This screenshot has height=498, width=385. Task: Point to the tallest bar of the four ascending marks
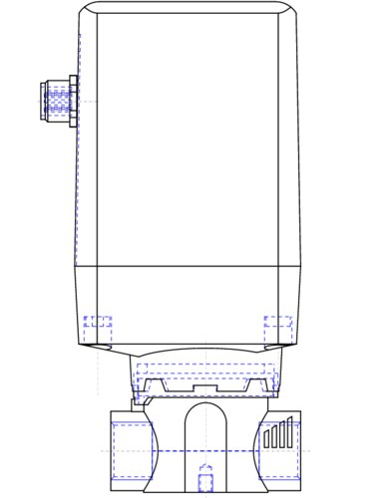pos(290,430)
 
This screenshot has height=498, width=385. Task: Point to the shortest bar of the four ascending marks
pos(266,439)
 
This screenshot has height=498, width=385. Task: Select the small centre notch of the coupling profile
pos(205,385)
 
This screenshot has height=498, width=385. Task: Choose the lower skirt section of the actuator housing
pos(190,304)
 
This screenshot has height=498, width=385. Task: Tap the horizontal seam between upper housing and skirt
pos(190,266)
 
